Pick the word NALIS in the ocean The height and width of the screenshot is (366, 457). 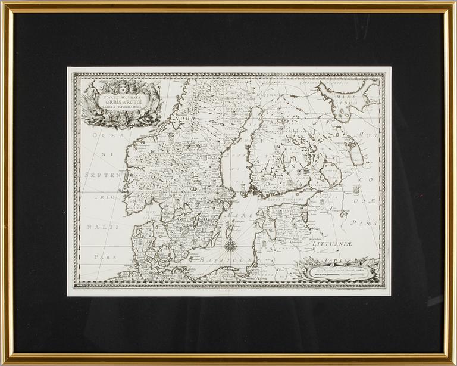click(x=105, y=227)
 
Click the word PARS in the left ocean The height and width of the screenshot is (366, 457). click(x=105, y=255)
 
